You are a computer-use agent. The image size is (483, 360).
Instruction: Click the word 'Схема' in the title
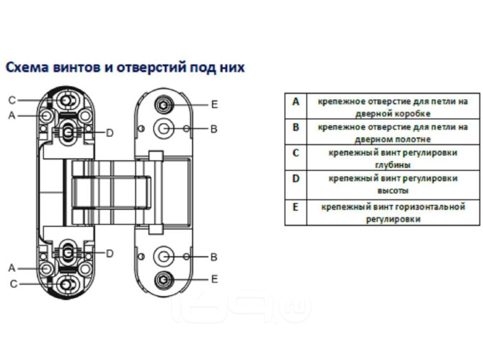28,67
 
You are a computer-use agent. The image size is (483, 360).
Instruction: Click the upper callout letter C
12,100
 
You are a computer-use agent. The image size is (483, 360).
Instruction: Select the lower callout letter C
14,284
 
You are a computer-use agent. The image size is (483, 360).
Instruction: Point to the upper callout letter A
12,115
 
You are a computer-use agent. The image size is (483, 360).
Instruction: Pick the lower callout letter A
12,268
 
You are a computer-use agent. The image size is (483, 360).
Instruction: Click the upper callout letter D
110,133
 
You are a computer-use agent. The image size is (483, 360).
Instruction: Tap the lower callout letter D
110,254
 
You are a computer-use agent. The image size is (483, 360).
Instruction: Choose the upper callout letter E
215,105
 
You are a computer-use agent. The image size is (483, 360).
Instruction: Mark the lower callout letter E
215,279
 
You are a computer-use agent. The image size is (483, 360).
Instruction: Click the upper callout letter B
214,129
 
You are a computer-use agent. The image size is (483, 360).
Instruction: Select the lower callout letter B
214,257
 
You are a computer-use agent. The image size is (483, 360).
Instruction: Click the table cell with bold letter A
296,106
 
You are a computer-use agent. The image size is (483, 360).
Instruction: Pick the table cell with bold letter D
296,184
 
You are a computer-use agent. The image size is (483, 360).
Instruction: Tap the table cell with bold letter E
296,213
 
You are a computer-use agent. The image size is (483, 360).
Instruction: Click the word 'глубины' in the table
393,165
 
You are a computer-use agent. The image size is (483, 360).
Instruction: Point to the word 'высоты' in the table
393,191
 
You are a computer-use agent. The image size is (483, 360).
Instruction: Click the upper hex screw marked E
164,105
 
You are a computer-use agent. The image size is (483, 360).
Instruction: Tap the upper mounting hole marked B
164,128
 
